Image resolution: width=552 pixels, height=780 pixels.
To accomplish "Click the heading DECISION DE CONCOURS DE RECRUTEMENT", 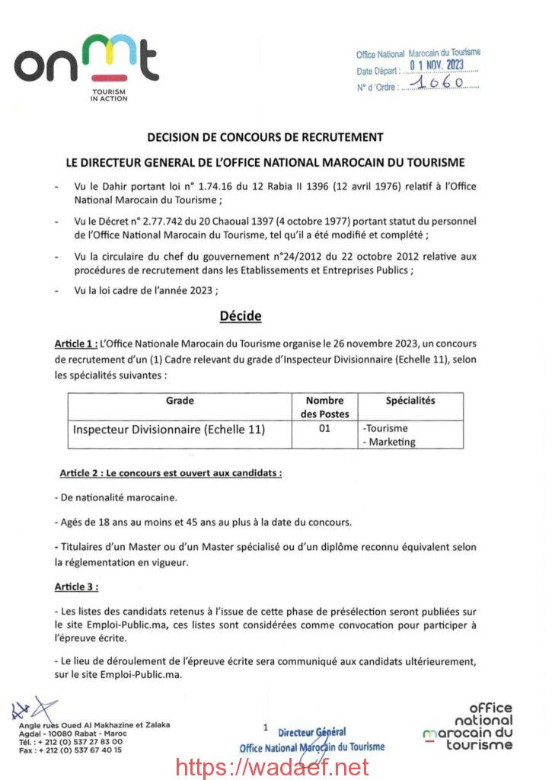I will pos(264,137).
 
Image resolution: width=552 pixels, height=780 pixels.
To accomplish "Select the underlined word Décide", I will pos(240,315).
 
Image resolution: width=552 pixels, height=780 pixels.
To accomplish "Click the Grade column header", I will pos(180,401).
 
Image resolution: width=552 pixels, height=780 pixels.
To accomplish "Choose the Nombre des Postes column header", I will pos(325,407).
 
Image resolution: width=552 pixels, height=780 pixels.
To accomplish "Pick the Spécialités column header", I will pos(410,401).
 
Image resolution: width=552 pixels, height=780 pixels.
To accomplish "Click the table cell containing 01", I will pos(324,429).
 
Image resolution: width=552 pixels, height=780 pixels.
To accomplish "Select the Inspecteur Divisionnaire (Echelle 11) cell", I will pos(169,429).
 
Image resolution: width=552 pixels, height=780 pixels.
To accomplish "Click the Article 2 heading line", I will pos(171,473).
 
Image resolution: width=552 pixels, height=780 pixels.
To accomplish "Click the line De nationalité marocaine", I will pos(116,497).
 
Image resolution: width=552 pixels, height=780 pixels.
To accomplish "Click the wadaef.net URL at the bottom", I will pos(272,766).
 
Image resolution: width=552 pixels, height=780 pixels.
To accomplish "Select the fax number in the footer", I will pos(70,750).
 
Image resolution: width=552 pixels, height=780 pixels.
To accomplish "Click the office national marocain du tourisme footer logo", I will pos(470,727).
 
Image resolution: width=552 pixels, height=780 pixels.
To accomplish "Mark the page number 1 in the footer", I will pos(265,727).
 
